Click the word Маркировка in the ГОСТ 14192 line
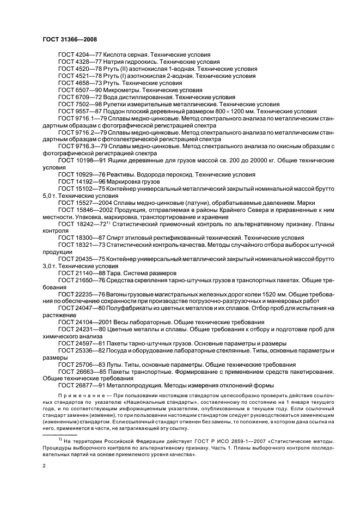pos(125,181)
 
